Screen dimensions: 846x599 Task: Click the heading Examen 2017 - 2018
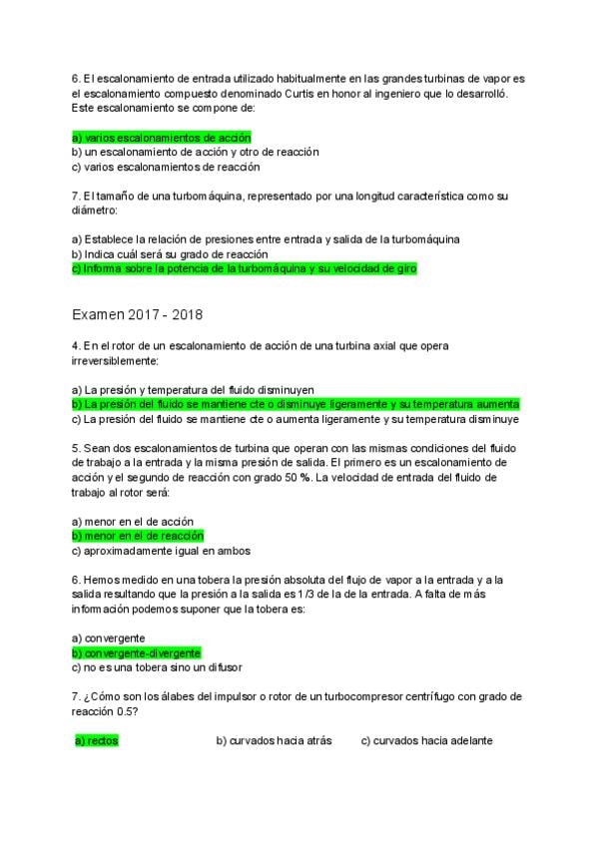coord(137,315)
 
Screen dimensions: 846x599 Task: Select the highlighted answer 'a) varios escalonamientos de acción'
coord(161,137)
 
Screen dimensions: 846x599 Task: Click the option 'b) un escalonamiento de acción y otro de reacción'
coord(195,152)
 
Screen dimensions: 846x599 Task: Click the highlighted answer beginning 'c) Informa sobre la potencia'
coord(244,269)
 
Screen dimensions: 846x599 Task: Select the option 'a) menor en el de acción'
coord(133,521)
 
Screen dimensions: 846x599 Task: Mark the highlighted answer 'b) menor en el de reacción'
coord(138,536)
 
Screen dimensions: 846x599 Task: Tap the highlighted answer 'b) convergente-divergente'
coord(137,652)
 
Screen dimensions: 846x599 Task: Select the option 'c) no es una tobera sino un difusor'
coord(158,667)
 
